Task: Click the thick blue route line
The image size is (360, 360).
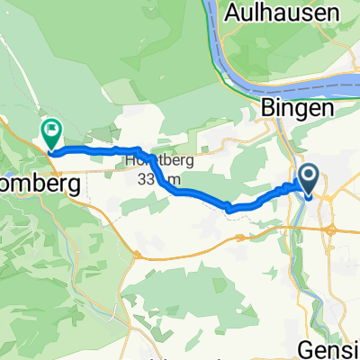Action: [198, 193]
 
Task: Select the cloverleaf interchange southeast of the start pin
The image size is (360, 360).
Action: [331, 230]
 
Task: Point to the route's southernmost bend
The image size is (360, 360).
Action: [230, 210]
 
